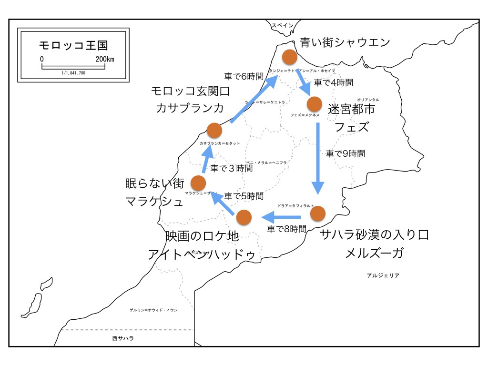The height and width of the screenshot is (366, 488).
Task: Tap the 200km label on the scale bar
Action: pyautogui.click(x=104, y=59)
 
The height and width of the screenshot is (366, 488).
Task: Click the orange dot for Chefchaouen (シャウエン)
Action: pyautogui.click(x=290, y=57)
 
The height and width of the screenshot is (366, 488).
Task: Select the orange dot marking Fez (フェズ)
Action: pyautogui.click(x=315, y=103)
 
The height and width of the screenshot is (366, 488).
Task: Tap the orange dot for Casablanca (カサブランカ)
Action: pyautogui.click(x=214, y=130)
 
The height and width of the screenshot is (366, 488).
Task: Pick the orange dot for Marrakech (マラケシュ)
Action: pyautogui.click(x=198, y=182)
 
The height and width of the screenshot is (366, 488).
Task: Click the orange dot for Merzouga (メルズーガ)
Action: pyautogui.click(x=320, y=213)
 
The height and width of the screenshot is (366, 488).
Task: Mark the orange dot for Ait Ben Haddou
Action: pyautogui.click(x=244, y=217)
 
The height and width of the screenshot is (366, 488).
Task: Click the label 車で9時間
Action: pyautogui.click(x=346, y=153)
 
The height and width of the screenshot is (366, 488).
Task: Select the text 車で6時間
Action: pyautogui.click(x=243, y=76)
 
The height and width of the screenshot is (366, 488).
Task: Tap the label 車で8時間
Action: pyautogui.click(x=286, y=229)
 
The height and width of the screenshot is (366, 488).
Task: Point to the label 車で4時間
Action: pyautogui.click(x=334, y=83)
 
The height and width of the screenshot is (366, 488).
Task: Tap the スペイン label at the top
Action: pyautogui.click(x=283, y=26)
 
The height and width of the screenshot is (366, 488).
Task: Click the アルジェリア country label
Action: pyautogui.click(x=383, y=275)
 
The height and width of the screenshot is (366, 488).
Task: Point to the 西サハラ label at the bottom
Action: pyautogui.click(x=123, y=338)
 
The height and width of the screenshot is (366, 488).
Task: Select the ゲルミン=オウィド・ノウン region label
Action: pyautogui.click(x=153, y=310)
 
